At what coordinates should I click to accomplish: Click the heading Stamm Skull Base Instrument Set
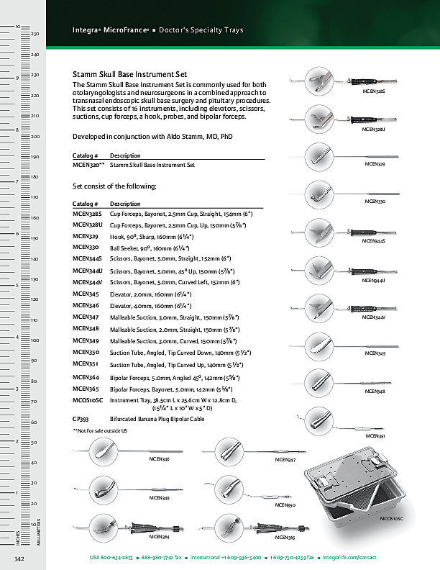click(129, 74)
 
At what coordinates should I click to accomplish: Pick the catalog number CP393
click(81, 419)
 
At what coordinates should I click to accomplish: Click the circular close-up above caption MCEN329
click(317, 153)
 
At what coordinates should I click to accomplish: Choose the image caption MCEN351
click(375, 435)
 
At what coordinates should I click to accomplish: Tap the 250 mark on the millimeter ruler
click(35, 34)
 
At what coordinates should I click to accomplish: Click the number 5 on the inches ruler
click(17, 285)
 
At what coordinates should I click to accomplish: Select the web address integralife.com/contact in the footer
click(349, 558)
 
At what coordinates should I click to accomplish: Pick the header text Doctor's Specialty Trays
click(201, 30)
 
